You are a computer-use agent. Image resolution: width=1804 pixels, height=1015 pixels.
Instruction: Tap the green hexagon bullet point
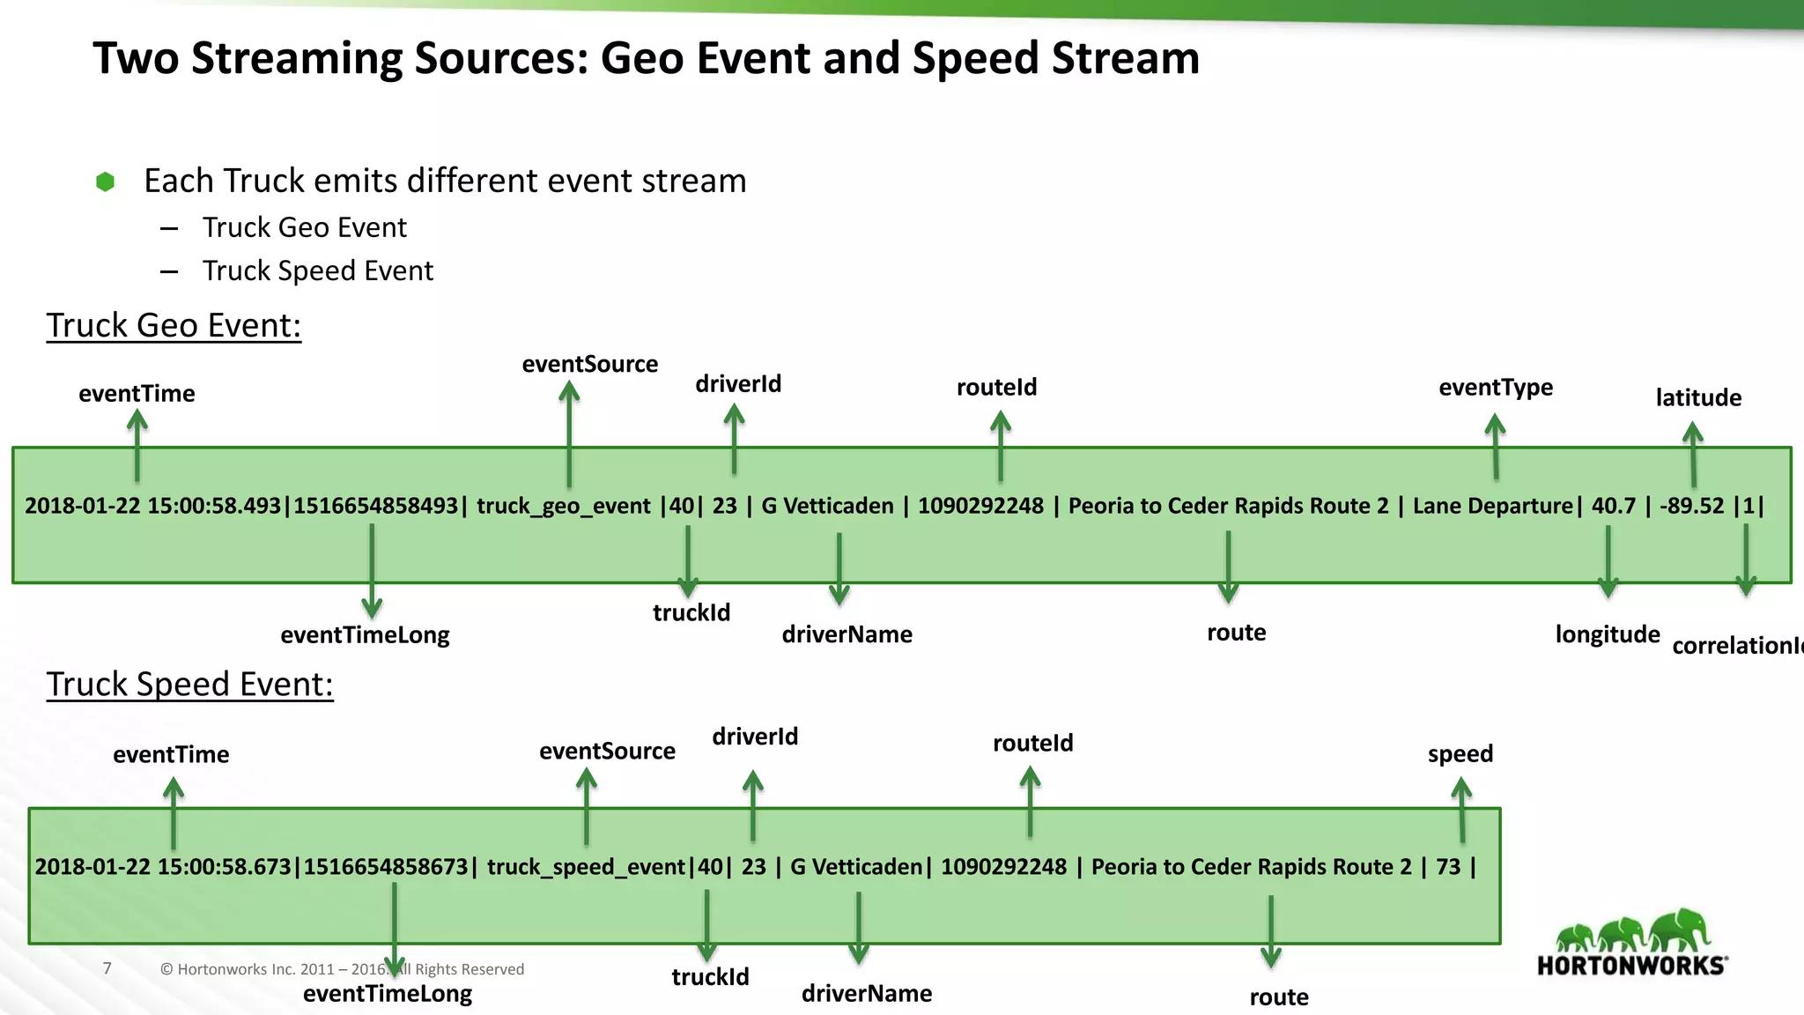point(106,182)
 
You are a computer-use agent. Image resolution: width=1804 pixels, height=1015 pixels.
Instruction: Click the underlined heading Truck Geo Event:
point(174,325)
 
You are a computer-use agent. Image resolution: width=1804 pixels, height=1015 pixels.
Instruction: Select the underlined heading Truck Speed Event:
point(189,685)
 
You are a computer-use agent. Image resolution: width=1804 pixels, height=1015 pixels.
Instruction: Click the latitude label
point(1697,397)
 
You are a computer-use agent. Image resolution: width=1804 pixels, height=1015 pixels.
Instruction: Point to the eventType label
point(1495,387)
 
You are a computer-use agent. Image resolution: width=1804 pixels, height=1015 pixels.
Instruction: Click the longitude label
point(1607,634)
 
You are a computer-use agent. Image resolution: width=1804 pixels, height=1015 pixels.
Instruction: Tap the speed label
point(1460,754)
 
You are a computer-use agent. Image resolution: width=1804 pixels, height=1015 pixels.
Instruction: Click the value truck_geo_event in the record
point(563,506)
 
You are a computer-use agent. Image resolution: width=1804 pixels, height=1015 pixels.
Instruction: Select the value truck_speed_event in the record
point(586,867)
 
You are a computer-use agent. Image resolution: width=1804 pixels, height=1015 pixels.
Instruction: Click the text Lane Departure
point(1492,506)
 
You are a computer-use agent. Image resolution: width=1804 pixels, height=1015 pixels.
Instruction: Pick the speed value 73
point(1448,867)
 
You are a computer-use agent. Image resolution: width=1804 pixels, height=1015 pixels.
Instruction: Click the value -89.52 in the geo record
point(1691,506)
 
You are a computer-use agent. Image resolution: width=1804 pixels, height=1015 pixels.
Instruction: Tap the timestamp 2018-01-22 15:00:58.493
point(152,506)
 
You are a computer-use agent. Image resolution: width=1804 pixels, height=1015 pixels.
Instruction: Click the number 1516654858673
point(385,867)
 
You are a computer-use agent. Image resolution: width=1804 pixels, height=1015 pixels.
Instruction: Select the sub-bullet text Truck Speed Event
point(317,270)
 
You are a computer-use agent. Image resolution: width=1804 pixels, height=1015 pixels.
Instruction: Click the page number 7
point(107,968)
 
